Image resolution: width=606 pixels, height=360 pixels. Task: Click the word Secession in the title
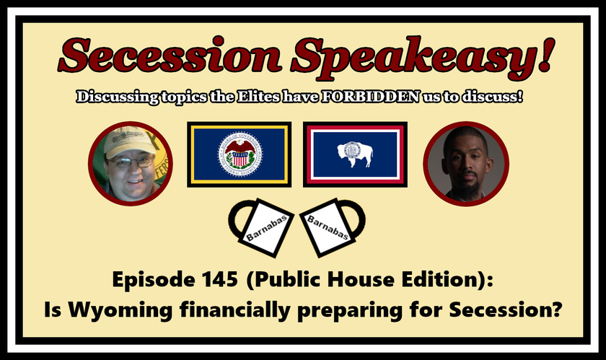coord(170,56)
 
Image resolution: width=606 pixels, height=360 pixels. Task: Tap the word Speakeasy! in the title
coord(423,58)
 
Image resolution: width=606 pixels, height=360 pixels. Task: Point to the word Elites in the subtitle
coord(258,97)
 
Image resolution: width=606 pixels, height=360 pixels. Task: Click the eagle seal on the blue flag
coord(240,154)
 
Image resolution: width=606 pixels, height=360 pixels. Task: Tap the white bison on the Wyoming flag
coord(355,154)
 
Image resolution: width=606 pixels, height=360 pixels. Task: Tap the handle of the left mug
coord(237,222)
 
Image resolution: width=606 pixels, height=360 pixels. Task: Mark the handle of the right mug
coord(357,221)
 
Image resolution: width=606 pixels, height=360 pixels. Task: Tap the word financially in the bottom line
coord(234,310)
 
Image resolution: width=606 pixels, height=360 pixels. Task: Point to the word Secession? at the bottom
coord(505,309)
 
